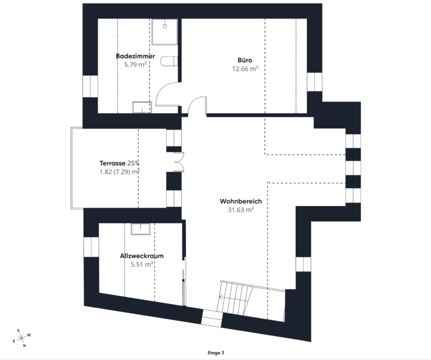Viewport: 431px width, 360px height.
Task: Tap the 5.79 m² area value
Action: (135, 64)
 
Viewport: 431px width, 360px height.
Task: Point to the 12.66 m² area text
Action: (245, 69)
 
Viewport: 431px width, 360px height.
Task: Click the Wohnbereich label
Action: (241, 201)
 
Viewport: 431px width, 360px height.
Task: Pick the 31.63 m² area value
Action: (241, 210)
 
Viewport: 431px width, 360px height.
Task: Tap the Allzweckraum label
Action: (142, 256)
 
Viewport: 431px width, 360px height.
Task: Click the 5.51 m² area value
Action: (142, 265)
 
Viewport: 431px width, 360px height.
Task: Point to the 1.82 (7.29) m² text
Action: (119, 172)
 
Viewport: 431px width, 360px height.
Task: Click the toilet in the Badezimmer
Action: (169, 62)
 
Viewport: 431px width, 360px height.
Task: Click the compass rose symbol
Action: (21, 338)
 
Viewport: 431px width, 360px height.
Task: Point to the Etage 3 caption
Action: (215, 353)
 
